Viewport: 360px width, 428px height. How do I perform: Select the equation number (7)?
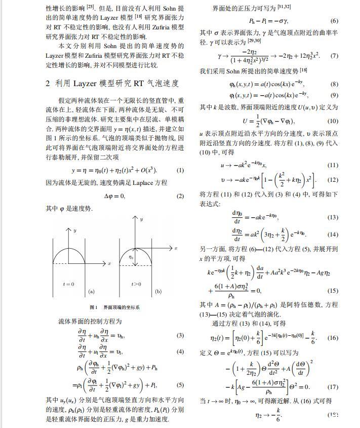[x=334, y=55]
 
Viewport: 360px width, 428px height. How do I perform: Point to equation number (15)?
[x=332, y=291]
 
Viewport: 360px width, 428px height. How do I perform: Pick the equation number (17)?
[x=332, y=387]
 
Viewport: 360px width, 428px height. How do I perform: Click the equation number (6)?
[x=334, y=21]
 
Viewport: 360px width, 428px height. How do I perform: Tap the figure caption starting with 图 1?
[x=114, y=307]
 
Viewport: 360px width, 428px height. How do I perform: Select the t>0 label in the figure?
[x=136, y=284]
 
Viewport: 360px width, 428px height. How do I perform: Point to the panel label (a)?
[x=91, y=291]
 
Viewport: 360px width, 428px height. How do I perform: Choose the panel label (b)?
[x=158, y=291]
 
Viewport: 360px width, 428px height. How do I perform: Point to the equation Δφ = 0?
[x=114, y=196]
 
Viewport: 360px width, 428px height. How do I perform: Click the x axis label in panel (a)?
[x=109, y=264]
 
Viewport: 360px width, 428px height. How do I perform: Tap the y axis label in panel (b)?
[x=142, y=219]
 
